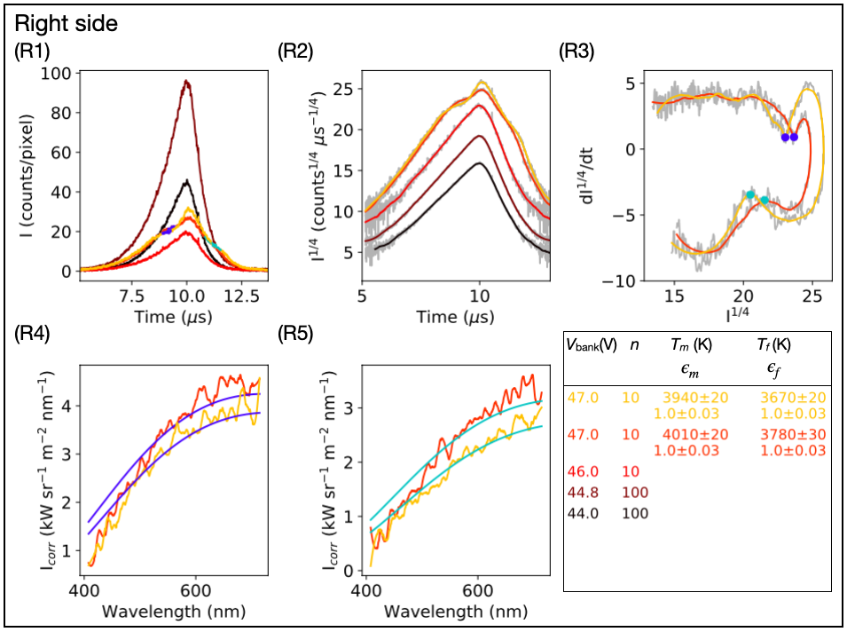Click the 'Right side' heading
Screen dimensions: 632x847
[67, 25]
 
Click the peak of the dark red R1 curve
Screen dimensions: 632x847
[186, 82]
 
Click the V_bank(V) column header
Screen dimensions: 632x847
[592, 345]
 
